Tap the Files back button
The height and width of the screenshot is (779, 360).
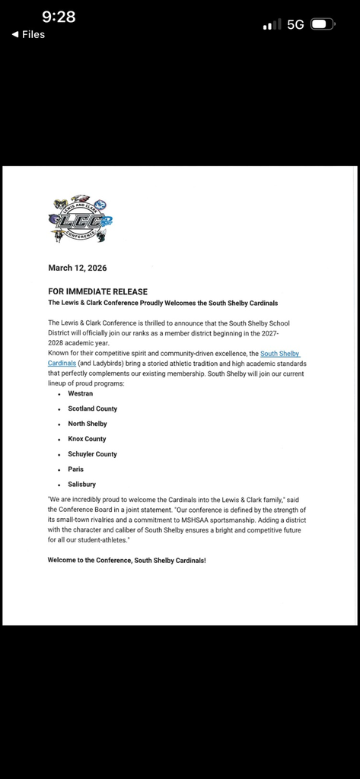(28, 34)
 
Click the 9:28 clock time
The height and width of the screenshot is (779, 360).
(59, 16)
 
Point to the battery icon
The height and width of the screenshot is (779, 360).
(323, 24)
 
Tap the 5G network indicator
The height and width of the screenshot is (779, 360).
(295, 24)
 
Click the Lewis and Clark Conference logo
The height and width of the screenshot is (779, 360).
(78, 219)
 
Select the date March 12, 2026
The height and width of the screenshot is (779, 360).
(78, 268)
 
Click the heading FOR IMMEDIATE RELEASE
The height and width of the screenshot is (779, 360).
(97, 291)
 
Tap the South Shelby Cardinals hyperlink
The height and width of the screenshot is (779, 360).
(280, 354)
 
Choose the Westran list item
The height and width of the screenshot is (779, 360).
(81, 393)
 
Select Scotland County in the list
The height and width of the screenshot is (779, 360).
(93, 409)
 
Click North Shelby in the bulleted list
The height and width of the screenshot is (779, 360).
(88, 424)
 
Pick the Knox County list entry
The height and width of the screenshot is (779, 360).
(87, 439)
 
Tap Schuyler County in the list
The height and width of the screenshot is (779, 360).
(93, 454)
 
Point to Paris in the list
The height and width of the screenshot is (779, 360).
(76, 469)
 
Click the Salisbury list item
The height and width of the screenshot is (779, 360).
(82, 485)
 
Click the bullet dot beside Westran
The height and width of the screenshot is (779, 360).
(59, 394)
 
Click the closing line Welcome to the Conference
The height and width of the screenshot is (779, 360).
(126, 560)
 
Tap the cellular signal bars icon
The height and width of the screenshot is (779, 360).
(271, 25)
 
